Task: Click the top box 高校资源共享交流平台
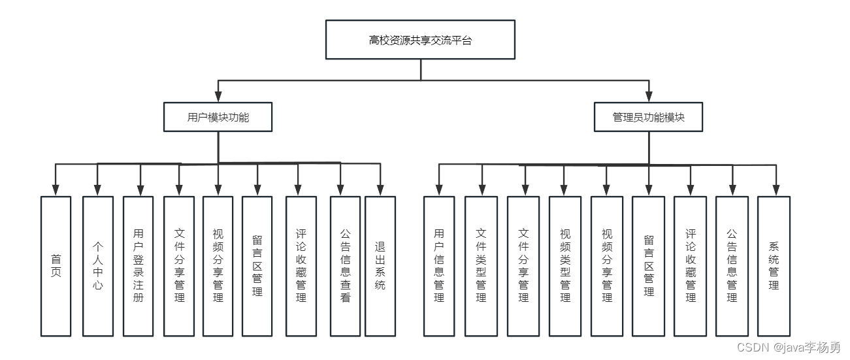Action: coord(421,39)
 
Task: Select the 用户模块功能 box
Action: coord(218,117)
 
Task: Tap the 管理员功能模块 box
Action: coord(649,117)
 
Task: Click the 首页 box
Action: coord(56,267)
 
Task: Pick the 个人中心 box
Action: coord(98,267)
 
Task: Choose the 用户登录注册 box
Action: coord(138,267)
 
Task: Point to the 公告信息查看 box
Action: coord(346,267)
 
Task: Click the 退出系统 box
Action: coord(380,267)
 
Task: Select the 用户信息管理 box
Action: coord(439,267)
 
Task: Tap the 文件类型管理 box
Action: coord(481,267)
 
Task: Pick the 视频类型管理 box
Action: coord(565,267)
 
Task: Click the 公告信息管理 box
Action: coord(732,267)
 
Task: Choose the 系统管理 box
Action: coord(774,267)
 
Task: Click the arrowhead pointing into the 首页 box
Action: coord(56,190)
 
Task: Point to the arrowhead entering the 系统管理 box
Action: coord(776,190)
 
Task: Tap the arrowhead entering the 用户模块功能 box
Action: coord(218,96)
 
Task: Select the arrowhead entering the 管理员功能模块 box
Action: coord(649,96)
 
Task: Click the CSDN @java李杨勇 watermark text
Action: coord(789,347)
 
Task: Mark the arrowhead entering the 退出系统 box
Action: coord(380,190)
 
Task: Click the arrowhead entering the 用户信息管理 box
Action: coord(439,190)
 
